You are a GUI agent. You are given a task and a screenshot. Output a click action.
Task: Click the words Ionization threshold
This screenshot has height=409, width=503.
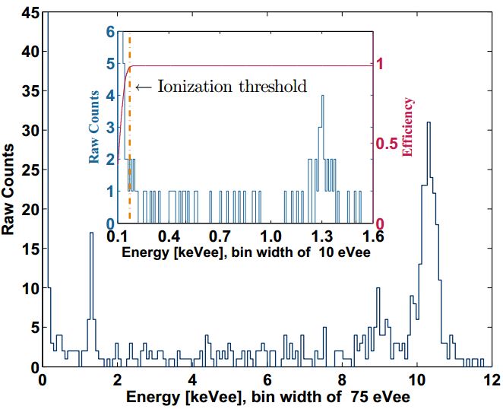(x=233, y=87)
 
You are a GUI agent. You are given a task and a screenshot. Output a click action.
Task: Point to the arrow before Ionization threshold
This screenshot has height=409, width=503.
(x=142, y=87)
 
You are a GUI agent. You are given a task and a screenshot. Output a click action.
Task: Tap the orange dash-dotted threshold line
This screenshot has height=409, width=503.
(x=130, y=152)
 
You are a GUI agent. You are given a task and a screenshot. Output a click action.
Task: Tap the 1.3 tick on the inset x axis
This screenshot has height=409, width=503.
(x=321, y=236)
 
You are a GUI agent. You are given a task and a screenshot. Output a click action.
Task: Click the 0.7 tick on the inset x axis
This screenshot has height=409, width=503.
(x=220, y=236)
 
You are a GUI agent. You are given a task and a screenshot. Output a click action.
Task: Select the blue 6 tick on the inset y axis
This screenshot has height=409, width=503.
(x=110, y=33)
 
